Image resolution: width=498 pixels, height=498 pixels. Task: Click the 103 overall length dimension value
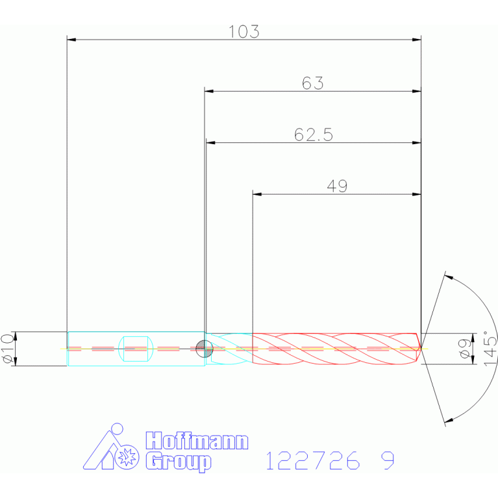click(x=244, y=32)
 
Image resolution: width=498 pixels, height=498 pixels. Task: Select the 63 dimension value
click(x=312, y=83)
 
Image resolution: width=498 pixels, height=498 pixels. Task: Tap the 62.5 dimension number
click(x=314, y=134)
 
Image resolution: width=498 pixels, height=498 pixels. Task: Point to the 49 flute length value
click(x=337, y=186)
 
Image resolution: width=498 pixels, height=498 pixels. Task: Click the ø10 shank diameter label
click(x=8, y=349)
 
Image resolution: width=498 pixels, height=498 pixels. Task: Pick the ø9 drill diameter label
click(x=466, y=349)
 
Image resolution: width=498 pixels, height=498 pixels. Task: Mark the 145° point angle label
click(x=490, y=349)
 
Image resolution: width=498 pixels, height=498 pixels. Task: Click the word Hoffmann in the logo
click(x=197, y=440)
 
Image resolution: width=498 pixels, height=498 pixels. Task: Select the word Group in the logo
click(x=179, y=462)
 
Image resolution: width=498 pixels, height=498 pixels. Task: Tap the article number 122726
click(x=313, y=460)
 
